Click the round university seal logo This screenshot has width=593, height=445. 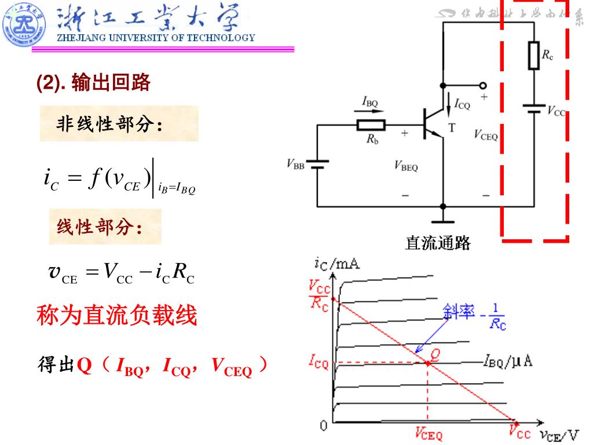click(x=24, y=24)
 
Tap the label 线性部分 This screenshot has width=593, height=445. click(x=99, y=227)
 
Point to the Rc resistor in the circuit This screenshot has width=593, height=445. click(x=534, y=55)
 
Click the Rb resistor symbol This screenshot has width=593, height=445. click(x=371, y=125)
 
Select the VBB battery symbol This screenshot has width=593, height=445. click(x=317, y=165)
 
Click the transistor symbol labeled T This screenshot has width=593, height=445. click(x=431, y=123)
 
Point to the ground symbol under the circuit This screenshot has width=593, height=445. click(x=443, y=220)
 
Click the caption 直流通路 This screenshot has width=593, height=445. click(x=438, y=243)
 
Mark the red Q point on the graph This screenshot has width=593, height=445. click(x=427, y=363)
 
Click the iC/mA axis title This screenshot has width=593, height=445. click(x=337, y=264)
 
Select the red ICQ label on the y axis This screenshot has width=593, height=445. click(x=318, y=364)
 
